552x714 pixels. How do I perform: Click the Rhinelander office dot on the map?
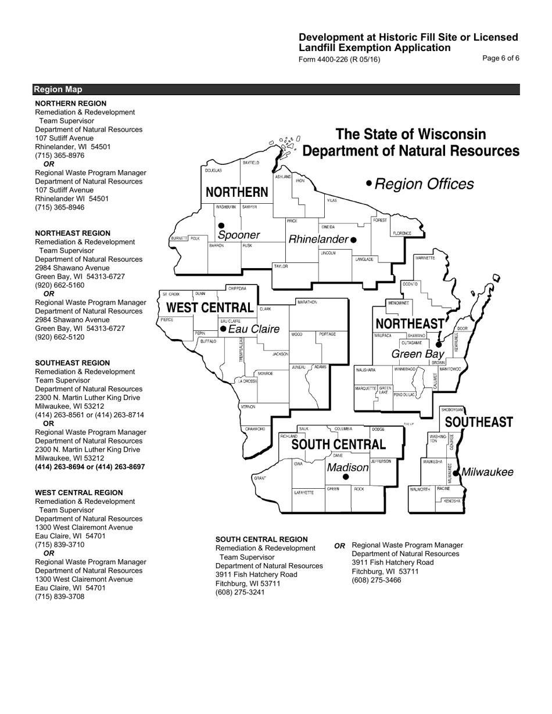point(353,240)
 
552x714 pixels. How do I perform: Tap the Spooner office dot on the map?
point(221,226)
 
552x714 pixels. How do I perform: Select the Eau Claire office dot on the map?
point(223,329)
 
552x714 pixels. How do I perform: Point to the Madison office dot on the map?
point(346,477)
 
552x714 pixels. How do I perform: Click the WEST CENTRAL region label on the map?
point(210,308)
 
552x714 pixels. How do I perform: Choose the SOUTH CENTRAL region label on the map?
point(338,445)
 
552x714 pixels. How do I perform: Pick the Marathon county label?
point(307,302)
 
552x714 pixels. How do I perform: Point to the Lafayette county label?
point(304,492)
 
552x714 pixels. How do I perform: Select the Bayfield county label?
point(251,163)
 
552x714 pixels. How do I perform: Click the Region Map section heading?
point(58,89)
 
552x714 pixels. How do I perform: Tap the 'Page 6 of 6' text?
point(501,58)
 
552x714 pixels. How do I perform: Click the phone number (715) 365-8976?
point(60,156)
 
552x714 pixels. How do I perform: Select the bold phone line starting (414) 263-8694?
point(90,467)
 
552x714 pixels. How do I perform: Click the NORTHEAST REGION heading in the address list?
point(73,233)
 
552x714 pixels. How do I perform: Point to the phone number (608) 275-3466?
point(377,580)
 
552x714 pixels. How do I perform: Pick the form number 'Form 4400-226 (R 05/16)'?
point(339,59)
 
